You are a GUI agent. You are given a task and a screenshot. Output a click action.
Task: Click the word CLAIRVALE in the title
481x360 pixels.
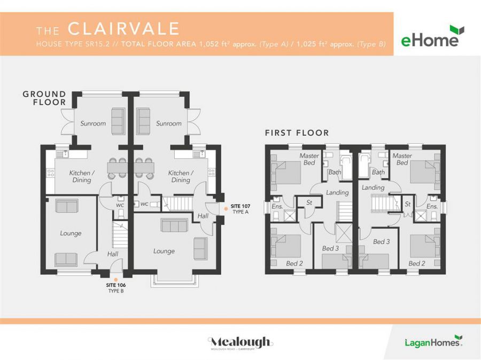(123, 28)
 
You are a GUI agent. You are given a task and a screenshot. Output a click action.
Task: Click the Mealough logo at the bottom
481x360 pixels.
(241, 342)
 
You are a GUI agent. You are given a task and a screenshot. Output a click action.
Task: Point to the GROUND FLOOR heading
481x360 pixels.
(44, 98)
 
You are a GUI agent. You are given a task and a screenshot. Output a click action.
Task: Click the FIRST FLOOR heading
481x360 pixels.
(297, 132)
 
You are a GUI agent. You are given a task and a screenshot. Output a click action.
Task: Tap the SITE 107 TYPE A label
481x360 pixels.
(240, 209)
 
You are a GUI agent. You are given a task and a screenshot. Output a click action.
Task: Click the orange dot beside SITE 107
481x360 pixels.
(226, 208)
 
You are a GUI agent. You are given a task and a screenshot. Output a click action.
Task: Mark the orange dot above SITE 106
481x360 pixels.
(115, 279)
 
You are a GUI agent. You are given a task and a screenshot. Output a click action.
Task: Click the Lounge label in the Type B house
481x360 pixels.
(71, 233)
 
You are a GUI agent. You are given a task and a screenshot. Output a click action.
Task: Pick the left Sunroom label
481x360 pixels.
(93, 123)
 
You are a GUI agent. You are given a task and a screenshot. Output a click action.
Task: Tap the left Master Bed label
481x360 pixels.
(309, 159)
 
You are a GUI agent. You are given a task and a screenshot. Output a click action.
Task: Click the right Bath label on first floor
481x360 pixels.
(378, 172)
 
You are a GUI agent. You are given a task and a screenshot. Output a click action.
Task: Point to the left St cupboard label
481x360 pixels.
(309, 203)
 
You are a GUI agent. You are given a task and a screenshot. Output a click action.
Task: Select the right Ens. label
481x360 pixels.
(432, 206)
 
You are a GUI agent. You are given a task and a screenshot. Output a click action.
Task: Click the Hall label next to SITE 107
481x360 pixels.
(203, 216)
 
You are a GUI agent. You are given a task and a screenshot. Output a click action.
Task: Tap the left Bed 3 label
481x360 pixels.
(330, 248)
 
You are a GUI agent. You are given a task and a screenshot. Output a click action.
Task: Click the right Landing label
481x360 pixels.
(373, 187)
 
